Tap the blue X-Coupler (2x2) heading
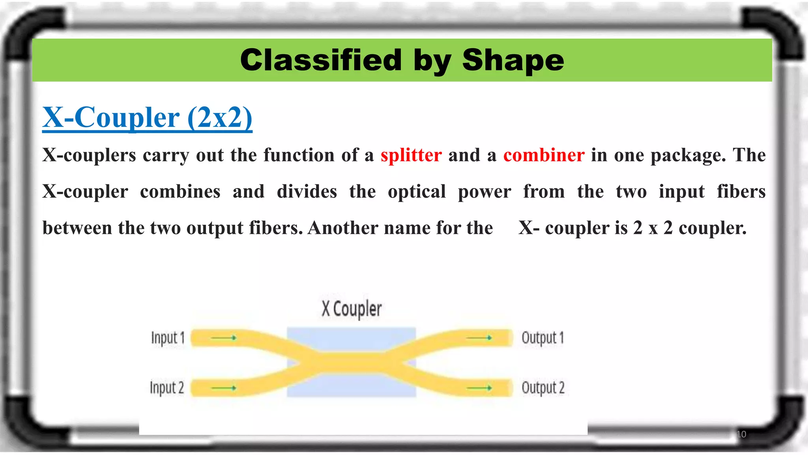(147, 117)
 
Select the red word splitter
(411, 155)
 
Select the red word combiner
(544, 155)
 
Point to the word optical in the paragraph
(417, 192)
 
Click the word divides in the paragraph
(307, 192)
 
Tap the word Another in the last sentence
(342, 228)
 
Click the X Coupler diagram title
(352, 308)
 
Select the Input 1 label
(168, 338)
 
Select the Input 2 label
(167, 387)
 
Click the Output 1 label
(542, 338)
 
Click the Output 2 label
(543, 387)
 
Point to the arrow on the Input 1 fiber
(223, 338)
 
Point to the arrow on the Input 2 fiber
(223, 388)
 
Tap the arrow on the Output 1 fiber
(479, 338)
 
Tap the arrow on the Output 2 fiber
(479, 388)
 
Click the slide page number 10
(741, 434)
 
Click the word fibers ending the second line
(741, 192)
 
